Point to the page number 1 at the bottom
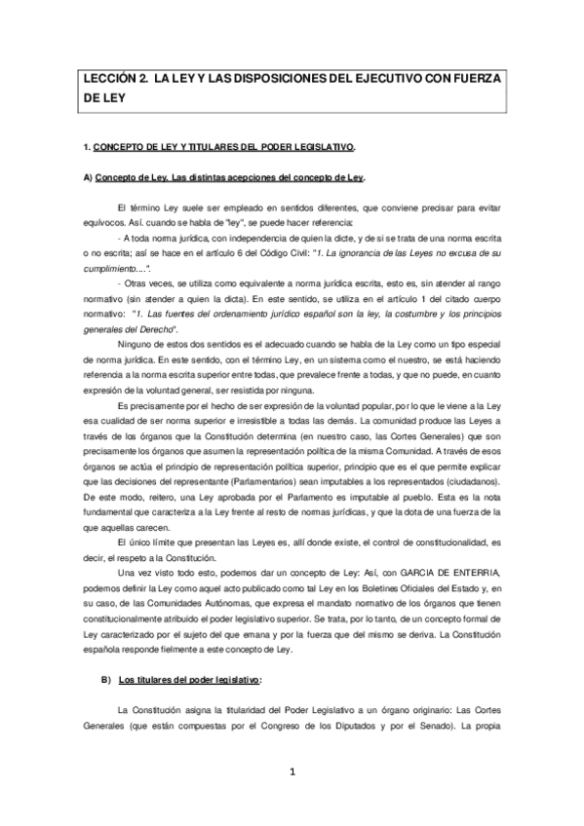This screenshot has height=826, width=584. (291, 772)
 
